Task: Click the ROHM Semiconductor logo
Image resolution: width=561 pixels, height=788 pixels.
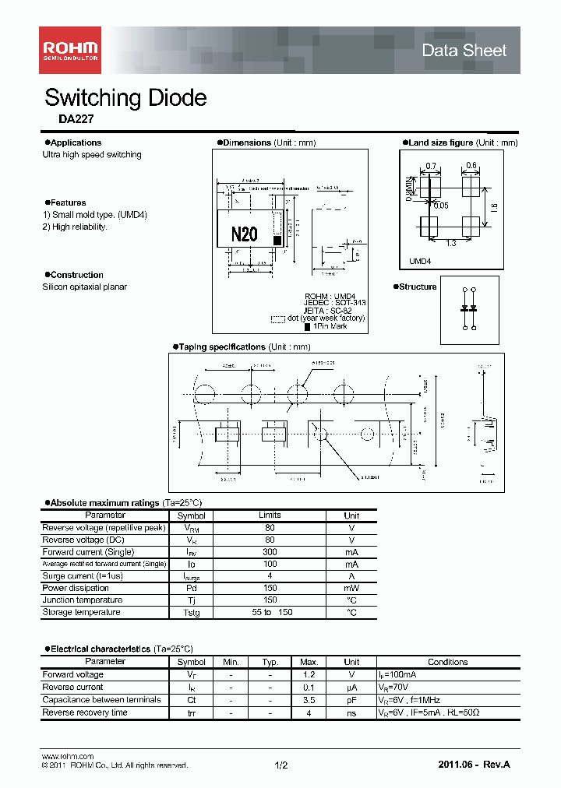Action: (x=70, y=50)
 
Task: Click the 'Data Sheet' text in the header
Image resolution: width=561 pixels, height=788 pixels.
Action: (x=464, y=51)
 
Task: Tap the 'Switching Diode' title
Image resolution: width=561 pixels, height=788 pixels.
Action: (x=125, y=98)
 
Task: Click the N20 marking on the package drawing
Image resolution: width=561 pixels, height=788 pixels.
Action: (x=244, y=234)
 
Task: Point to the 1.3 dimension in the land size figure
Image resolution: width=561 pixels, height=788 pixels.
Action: (x=450, y=244)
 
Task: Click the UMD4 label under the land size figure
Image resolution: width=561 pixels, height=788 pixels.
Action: (x=420, y=262)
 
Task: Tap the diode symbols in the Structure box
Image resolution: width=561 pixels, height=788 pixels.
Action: (x=469, y=309)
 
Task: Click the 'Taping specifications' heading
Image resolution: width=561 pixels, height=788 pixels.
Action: (x=222, y=347)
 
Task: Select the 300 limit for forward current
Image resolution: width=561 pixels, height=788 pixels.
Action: (x=270, y=552)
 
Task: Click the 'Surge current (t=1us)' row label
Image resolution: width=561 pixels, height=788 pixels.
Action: (x=83, y=576)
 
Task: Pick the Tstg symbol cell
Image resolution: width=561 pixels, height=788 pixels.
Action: (x=191, y=613)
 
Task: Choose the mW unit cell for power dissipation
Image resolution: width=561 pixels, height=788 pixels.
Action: (x=351, y=589)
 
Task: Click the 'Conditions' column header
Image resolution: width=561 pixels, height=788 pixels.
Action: (x=447, y=662)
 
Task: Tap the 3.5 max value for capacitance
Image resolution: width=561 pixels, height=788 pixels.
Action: (x=310, y=700)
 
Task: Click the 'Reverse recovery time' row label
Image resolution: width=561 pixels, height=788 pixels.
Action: (x=85, y=712)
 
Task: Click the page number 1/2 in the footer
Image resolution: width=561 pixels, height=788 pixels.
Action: (x=281, y=765)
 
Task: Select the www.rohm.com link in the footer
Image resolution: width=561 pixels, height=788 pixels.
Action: (x=67, y=756)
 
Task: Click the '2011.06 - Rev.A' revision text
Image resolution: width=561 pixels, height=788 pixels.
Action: (x=475, y=765)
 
